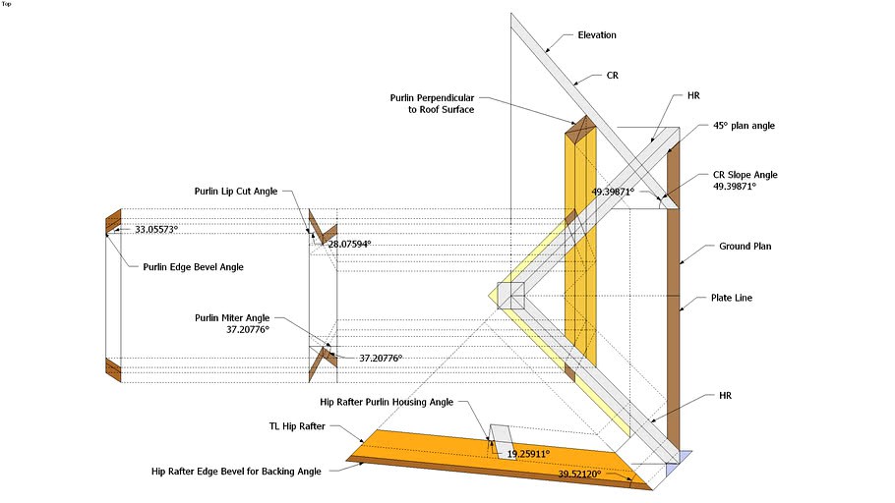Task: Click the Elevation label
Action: point(596,34)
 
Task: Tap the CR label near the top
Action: point(612,76)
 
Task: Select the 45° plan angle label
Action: point(744,126)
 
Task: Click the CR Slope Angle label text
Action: point(745,175)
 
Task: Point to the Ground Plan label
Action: point(745,247)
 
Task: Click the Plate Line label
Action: point(731,298)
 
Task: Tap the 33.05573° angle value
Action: point(156,229)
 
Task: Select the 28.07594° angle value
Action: point(349,244)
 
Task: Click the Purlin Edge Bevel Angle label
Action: point(193,267)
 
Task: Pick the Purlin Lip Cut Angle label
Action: point(236,191)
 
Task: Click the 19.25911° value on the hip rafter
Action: point(528,454)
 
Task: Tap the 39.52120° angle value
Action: point(579,474)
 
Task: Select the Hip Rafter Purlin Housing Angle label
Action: point(387,402)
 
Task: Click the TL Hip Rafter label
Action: point(297,426)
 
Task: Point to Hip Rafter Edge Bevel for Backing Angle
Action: point(236,471)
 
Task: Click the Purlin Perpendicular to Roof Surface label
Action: point(432,104)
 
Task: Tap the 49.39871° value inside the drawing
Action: point(613,192)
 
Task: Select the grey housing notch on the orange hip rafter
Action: point(502,440)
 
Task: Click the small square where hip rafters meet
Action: point(510,296)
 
